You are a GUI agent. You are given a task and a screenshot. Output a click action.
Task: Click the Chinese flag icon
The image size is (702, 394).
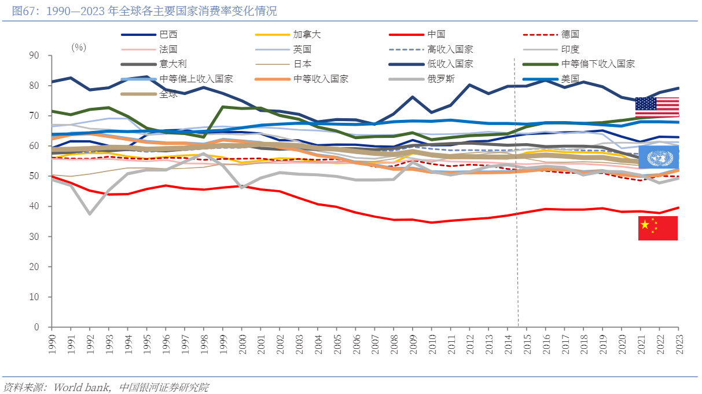pos(657,228)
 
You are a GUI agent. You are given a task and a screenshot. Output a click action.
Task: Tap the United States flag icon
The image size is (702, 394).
pos(657,107)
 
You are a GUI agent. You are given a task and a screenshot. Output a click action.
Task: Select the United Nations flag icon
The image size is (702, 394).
pos(657,157)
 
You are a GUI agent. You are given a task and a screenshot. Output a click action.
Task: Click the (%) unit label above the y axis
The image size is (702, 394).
pos(79,47)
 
